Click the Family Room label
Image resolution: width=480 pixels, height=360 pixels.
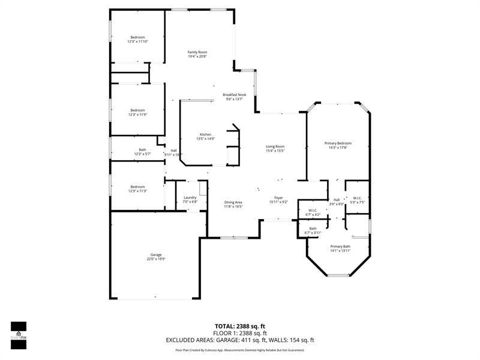pyautogui.click(x=197, y=52)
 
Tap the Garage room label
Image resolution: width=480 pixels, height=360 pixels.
pyautogui.click(x=156, y=255)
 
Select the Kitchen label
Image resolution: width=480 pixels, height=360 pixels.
pyautogui.click(x=205, y=134)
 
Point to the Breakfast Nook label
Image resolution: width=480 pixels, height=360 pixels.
pyautogui.click(x=235, y=95)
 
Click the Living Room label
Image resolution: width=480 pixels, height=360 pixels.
pyautogui.click(x=275, y=146)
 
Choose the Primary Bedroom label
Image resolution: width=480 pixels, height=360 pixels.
pyautogui.click(x=338, y=143)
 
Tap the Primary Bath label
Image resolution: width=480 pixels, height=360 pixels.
pyautogui.click(x=340, y=247)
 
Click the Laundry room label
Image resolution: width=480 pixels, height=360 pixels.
pyautogui.click(x=190, y=197)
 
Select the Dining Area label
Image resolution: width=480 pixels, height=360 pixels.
pyautogui.click(x=233, y=202)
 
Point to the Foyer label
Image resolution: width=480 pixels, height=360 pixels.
pyautogui.click(x=278, y=197)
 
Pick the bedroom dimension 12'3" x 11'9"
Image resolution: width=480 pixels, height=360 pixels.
pyautogui.click(x=137, y=115)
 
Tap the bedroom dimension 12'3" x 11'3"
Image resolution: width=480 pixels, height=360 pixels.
pyautogui.click(x=137, y=191)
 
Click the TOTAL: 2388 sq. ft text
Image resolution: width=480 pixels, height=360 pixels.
pyautogui.click(x=239, y=326)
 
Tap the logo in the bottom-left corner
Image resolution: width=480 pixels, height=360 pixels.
pyautogui.click(x=18, y=331)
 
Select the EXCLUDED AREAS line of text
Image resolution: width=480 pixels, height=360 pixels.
pyautogui.click(x=239, y=340)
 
